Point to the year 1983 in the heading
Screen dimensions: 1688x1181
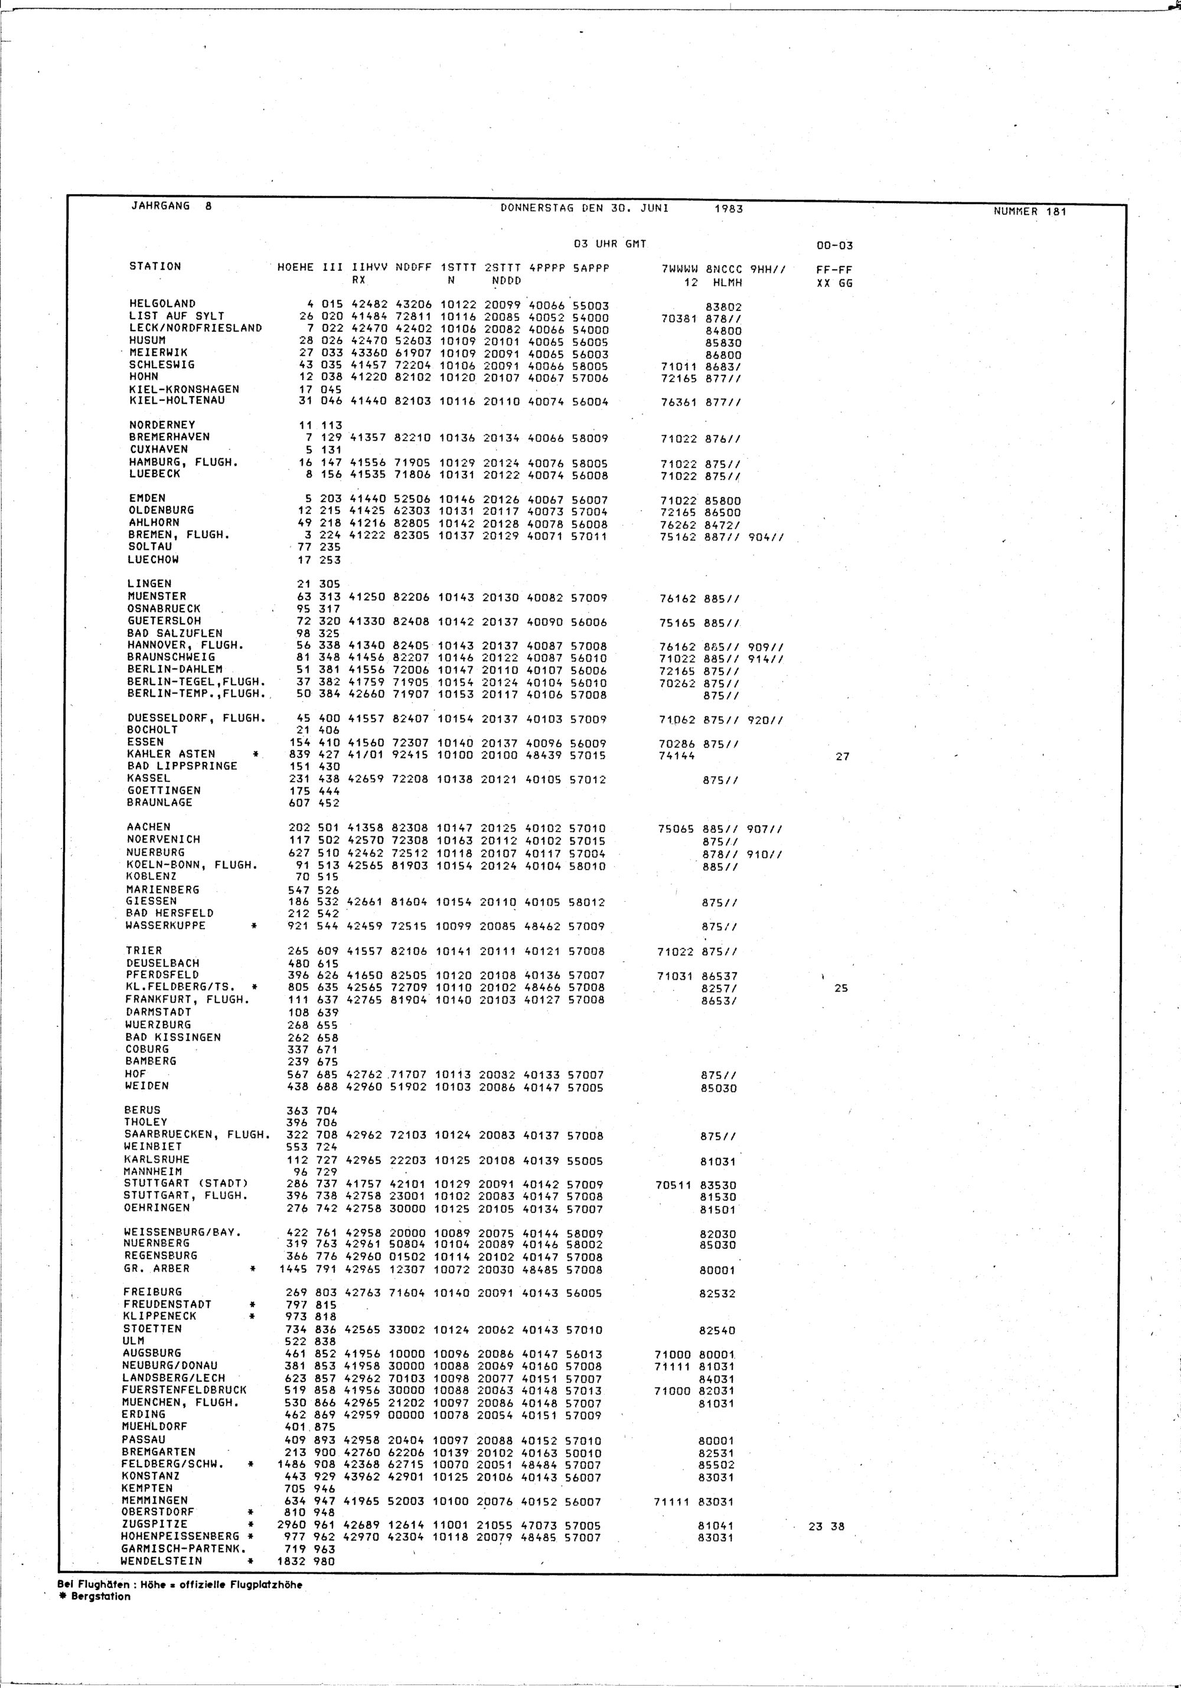point(729,209)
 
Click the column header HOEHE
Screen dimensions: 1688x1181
point(296,267)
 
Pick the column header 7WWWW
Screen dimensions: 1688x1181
point(678,270)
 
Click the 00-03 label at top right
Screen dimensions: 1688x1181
point(834,246)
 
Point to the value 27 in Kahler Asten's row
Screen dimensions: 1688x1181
point(842,757)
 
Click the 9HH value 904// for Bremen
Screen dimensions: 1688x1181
point(765,538)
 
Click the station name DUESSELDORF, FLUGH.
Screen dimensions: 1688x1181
point(197,718)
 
